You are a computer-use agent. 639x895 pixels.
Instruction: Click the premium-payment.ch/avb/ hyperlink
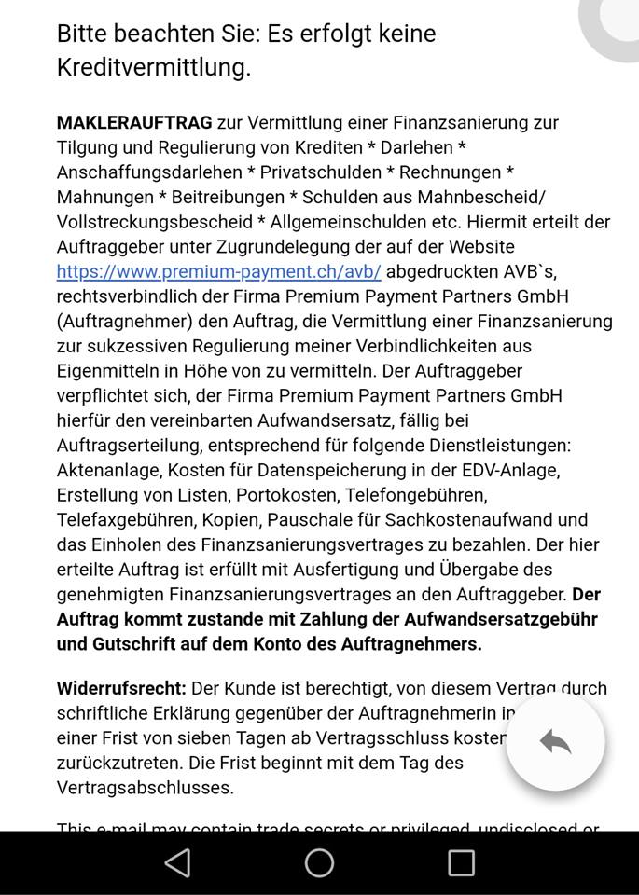[x=218, y=271]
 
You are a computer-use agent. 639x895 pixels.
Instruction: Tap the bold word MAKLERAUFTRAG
[x=134, y=122]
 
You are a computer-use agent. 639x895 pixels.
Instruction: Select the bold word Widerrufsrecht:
[x=121, y=688]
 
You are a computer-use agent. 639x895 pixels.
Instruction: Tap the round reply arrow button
[x=555, y=741]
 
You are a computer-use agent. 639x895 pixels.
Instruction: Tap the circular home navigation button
[x=319, y=863]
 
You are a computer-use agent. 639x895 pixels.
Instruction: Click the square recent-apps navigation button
[x=461, y=863]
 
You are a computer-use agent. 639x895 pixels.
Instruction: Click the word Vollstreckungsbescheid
[x=154, y=222]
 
